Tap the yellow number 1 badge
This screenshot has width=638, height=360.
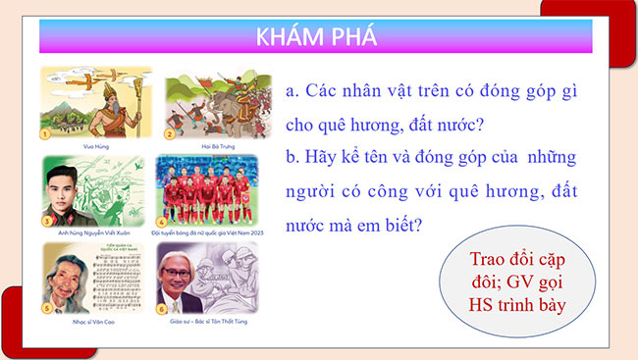[45, 133]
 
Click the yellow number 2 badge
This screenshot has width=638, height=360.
[169, 133]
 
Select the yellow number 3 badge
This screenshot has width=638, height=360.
[45, 222]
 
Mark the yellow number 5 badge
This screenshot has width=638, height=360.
[45, 308]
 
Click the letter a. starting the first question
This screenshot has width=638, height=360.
[292, 91]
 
